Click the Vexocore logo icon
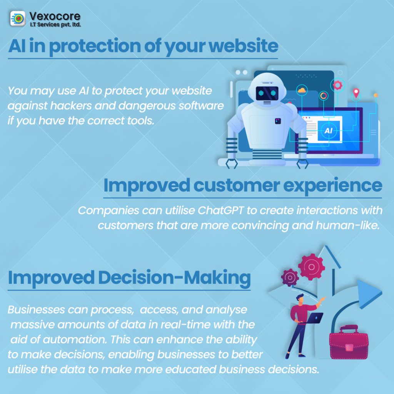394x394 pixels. (x=18, y=18)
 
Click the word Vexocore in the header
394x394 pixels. (x=55, y=16)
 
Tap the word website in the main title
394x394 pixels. (x=244, y=46)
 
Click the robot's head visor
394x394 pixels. (x=267, y=93)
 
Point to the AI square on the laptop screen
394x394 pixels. (x=329, y=131)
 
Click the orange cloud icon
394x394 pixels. (x=302, y=90)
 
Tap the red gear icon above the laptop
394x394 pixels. (x=337, y=85)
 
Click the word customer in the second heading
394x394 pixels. (x=237, y=185)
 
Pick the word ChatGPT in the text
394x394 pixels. (x=220, y=210)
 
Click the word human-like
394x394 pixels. (x=347, y=225)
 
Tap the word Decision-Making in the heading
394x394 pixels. (x=174, y=278)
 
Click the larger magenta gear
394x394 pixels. (x=312, y=267)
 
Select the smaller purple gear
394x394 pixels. (x=290, y=277)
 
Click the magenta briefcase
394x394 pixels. (x=349, y=342)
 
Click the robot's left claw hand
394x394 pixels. (x=231, y=164)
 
